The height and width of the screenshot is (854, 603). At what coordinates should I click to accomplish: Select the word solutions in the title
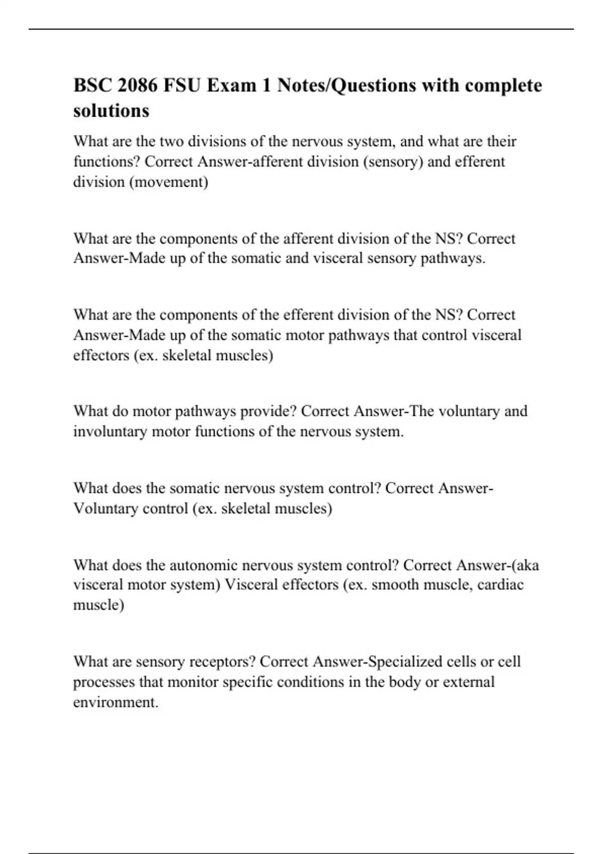pos(111,111)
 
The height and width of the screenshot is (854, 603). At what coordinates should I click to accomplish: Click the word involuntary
pos(110,432)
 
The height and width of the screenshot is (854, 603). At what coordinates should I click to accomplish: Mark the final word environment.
pos(116,702)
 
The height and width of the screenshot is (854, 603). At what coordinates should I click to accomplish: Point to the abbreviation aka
pos(527,565)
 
